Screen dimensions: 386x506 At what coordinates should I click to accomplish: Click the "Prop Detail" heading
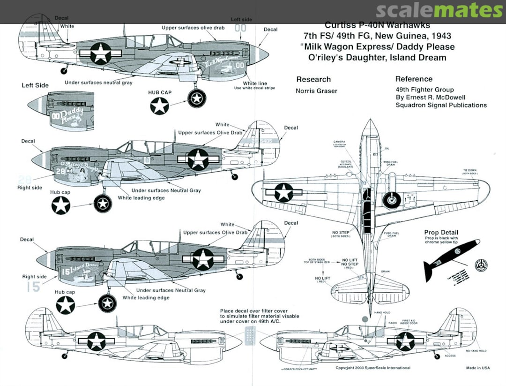coord(441,233)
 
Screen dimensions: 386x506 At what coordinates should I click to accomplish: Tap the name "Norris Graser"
coord(316,91)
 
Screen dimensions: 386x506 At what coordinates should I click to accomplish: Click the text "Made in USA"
coord(478,368)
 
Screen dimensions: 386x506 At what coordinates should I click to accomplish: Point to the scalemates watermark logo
coord(439,11)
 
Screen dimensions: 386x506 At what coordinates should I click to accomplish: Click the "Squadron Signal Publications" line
coord(441,105)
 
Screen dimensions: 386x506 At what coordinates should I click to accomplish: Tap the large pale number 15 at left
coord(33,287)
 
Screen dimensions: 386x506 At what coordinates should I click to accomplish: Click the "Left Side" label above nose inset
coord(35,85)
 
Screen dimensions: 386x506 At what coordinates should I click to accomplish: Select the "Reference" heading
coord(414,79)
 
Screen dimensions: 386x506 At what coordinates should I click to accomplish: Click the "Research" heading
coord(313,79)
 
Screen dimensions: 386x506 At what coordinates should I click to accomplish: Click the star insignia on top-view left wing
coord(283,192)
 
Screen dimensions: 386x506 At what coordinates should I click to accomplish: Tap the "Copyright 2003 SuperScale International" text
coord(373,368)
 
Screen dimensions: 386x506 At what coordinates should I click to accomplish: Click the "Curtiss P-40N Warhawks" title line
coord(377,25)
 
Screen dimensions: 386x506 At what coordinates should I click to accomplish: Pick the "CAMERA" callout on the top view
coord(340,141)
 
